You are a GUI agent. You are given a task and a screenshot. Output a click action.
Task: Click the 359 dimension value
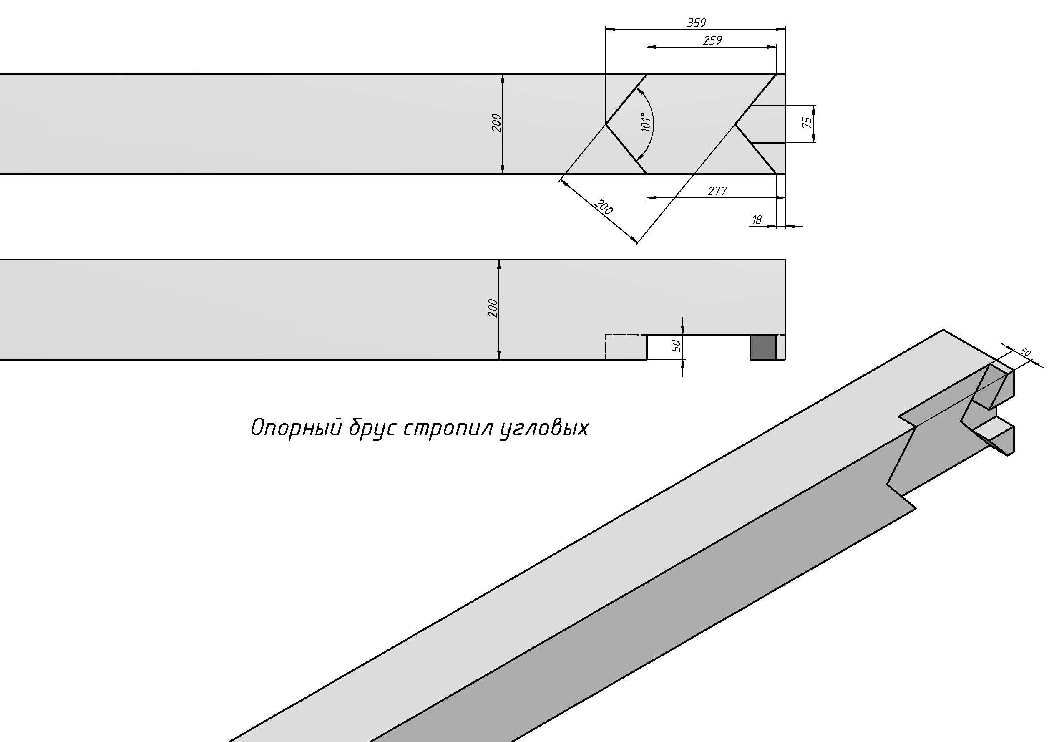tap(697, 23)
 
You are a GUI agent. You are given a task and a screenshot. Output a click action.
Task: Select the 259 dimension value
tap(712, 40)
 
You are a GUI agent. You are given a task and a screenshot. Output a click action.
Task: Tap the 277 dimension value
tap(717, 191)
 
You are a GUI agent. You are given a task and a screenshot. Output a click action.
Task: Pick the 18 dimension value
tap(757, 220)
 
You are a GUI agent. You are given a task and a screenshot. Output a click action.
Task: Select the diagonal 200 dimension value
tap(604, 207)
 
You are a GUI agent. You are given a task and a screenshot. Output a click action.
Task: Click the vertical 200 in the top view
tap(497, 123)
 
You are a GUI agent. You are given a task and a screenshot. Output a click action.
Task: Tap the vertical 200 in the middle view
tap(493, 308)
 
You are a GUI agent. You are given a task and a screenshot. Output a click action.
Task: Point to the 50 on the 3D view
tap(1025, 353)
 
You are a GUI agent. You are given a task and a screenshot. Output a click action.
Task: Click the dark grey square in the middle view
tap(763, 347)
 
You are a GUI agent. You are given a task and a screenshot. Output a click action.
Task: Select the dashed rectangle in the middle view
tap(626, 347)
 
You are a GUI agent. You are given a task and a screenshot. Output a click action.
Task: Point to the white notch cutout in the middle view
tap(698, 347)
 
